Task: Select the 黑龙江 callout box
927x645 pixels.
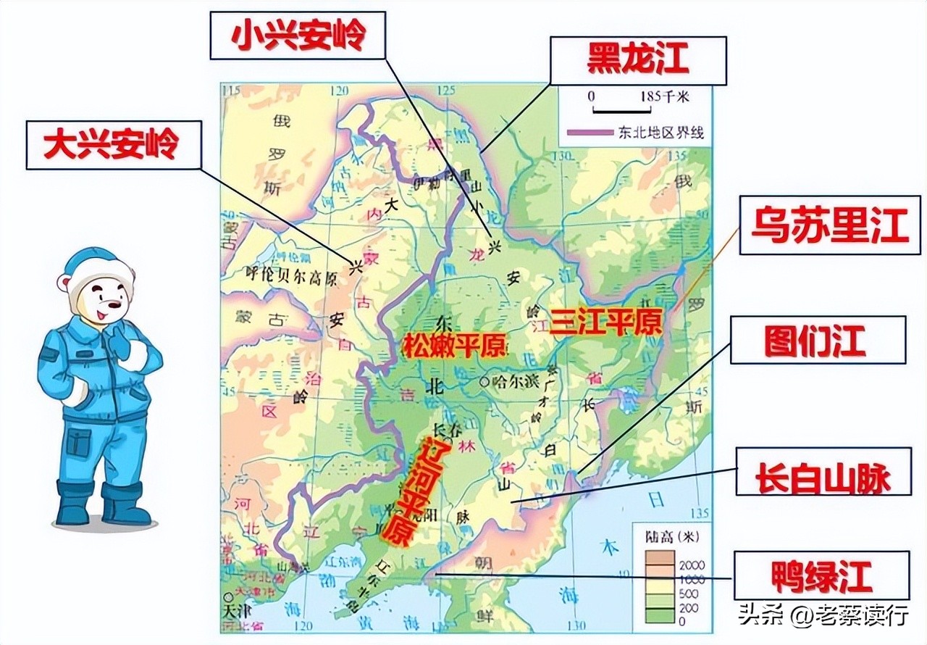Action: (x=638, y=60)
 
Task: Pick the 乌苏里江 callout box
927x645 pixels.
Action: (x=829, y=225)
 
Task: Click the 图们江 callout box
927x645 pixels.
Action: (x=817, y=340)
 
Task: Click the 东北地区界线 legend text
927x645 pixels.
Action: (x=660, y=133)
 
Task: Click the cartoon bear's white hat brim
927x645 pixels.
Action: (x=103, y=275)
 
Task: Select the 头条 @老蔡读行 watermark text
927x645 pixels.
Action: (x=823, y=616)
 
